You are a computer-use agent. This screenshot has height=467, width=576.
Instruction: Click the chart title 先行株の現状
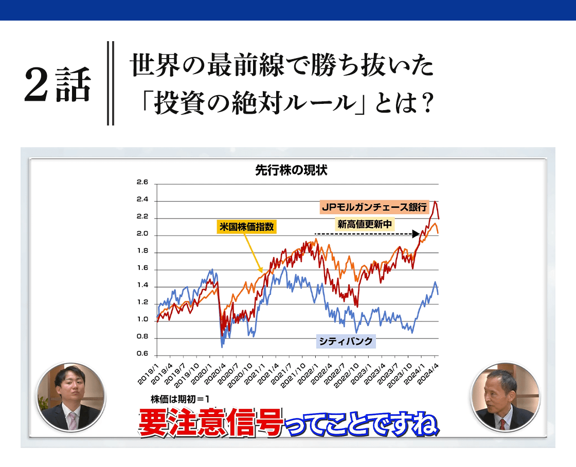click(291, 170)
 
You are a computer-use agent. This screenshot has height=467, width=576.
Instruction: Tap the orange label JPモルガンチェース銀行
click(374, 207)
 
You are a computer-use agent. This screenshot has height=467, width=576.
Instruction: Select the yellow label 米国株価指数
click(246, 227)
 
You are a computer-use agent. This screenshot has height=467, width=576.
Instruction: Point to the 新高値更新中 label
click(365, 224)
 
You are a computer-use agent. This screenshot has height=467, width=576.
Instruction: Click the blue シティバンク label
click(346, 342)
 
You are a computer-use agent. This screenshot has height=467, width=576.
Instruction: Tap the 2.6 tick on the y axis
click(142, 182)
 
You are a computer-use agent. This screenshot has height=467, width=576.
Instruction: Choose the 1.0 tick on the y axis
click(142, 319)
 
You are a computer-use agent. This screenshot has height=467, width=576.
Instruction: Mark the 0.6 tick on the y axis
click(142, 353)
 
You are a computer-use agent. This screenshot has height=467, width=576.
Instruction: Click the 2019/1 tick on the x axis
click(148, 374)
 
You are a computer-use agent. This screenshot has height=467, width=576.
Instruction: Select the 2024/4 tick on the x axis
click(428, 374)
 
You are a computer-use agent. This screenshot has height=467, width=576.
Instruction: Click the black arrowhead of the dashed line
click(416, 233)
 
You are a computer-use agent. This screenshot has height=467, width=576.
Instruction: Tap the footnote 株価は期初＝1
click(180, 400)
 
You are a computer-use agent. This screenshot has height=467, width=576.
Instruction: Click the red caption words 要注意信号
click(211, 423)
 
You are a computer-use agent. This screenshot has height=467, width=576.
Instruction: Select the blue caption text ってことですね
click(362, 425)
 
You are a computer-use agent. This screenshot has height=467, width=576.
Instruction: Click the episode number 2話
click(58, 84)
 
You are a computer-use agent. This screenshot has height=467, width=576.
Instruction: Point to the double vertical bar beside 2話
click(110, 83)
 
